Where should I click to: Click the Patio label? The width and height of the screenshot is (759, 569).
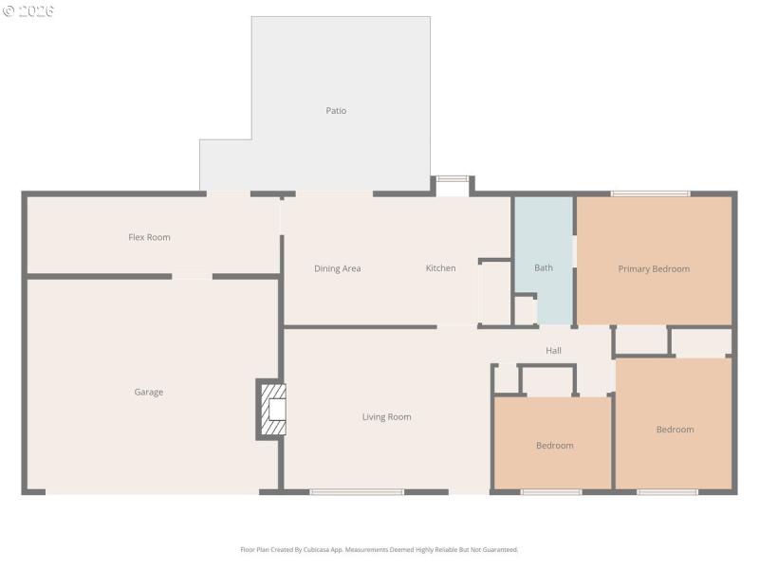point(336,111)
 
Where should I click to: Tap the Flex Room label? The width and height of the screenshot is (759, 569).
point(149,237)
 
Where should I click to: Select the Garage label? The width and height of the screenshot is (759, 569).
point(148,392)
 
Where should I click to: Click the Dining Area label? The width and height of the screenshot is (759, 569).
point(337,268)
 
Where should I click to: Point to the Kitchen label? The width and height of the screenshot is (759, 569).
point(440,268)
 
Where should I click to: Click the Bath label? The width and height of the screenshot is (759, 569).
point(543,267)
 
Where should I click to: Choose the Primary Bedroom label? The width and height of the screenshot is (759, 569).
point(654,268)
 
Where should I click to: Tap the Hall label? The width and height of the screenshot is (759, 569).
point(553,351)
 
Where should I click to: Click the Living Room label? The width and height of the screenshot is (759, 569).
point(386,416)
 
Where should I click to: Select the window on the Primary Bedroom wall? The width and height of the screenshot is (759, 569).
point(650,194)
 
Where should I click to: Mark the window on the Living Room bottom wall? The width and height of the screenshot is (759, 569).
point(357,491)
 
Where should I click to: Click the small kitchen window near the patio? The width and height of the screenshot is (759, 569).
point(453,178)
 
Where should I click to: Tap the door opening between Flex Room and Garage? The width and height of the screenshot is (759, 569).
point(192,276)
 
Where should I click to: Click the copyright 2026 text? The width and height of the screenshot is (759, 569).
point(28,10)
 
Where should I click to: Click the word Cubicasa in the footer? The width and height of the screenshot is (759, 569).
point(327,549)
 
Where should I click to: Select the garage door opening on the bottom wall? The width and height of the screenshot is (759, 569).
point(152,491)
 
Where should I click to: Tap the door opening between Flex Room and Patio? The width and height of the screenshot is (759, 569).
point(228,194)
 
